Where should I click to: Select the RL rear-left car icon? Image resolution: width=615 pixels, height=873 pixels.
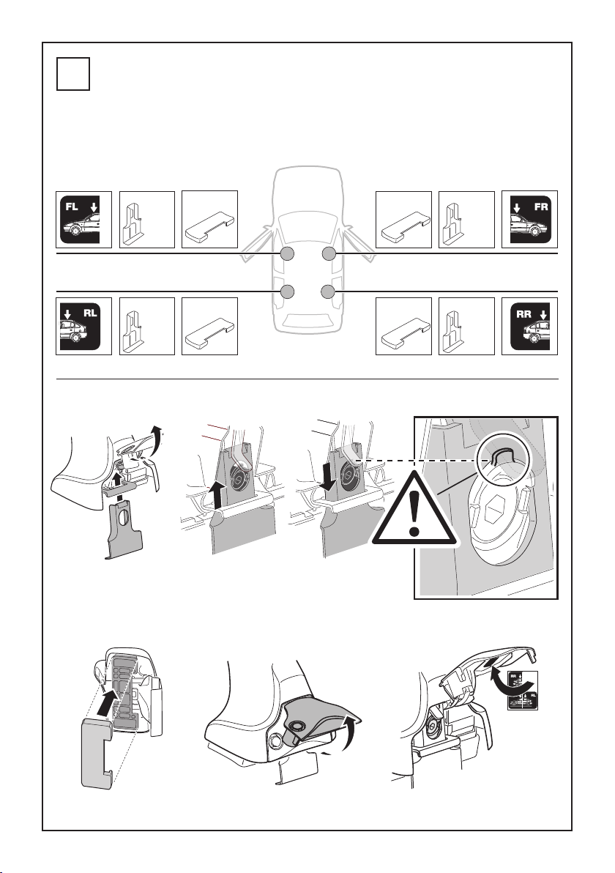(84, 326)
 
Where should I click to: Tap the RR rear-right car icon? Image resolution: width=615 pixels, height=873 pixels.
(530, 326)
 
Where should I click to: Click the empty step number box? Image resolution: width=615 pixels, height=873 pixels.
(73, 74)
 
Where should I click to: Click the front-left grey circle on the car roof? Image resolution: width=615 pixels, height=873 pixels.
(287, 254)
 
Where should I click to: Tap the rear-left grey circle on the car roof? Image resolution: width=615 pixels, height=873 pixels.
(287, 292)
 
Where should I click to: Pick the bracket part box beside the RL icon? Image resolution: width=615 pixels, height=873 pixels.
(147, 326)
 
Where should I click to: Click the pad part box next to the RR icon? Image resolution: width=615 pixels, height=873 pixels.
(403, 326)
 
